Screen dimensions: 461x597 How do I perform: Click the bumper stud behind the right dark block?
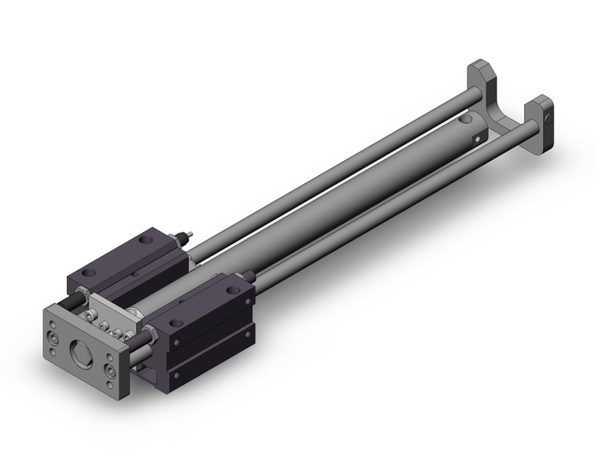click(247, 275)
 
